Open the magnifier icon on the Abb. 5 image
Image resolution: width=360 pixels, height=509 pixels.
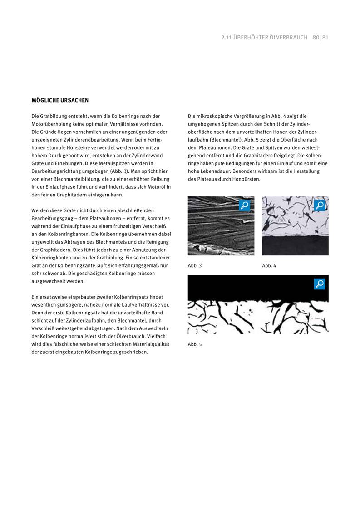(x=320, y=284)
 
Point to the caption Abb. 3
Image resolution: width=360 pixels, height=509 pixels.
(x=195, y=266)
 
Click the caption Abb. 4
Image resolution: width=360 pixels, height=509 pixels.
(x=269, y=266)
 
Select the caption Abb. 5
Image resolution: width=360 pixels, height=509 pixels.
(x=195, y=344)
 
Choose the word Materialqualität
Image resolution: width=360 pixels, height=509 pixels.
(x=150, y=344)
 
